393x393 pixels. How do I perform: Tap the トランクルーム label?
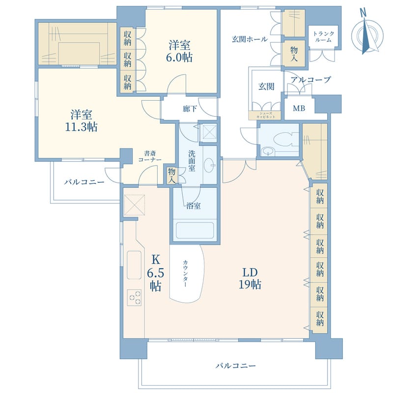click(x=324, y=36)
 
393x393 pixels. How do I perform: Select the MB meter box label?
click(x=299, y=108)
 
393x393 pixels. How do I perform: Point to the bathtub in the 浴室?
click(x=195, y=230)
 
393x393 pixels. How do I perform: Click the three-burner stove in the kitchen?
click(x=134, y=298)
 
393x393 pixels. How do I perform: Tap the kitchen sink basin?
click(x=134, y=265)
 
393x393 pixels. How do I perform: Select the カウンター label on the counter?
click(x=185, y=274)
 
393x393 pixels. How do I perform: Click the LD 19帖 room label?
click(x=250, y=279)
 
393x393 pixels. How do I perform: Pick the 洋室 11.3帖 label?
click(x=81, y=121)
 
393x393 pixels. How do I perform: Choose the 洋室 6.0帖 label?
click(x=179, y=51)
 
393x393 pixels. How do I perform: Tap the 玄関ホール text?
click(x=250, y=39)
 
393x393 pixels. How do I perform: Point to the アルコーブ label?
click(x=311, y=80)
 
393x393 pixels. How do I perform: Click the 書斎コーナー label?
click(x=150, y=156)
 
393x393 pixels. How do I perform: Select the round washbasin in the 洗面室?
click(x=209, y=166)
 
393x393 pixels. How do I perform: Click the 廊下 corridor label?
click(x=190, y=109)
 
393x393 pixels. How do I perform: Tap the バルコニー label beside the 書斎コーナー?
click(x=84, y=182)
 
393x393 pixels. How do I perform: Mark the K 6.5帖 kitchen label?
click(x=155, y=273)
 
